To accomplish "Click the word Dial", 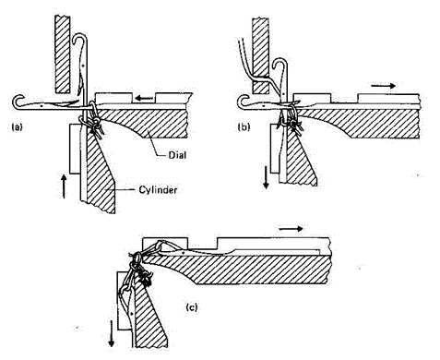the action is tap(177, 155).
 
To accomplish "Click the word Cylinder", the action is tap(158, 190).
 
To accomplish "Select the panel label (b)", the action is tap(244, 126).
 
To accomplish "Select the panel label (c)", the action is tap(192, 307).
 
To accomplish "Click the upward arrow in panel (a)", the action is tap(64, 186).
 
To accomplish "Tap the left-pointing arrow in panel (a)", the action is tap(145, 99).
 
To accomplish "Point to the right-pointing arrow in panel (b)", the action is tap(383, 86).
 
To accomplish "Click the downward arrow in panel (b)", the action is tap(267, 176).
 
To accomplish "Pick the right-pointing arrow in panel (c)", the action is tap(291, 229).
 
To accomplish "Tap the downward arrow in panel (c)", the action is tap(112, 333).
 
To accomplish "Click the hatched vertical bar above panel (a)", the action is tap(63, 54).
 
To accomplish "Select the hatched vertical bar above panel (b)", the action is tap(260, 55).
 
